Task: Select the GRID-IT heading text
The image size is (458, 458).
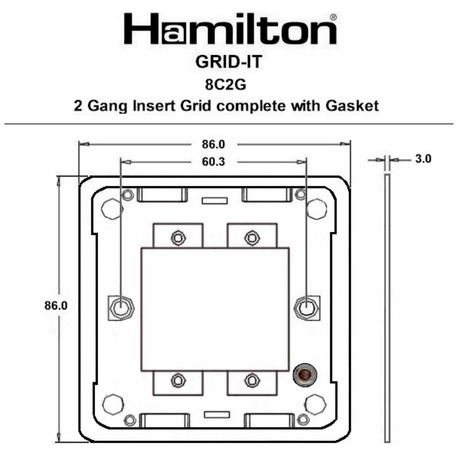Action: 230,62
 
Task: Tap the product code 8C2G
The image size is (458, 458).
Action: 230,84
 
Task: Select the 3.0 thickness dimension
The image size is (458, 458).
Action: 423,159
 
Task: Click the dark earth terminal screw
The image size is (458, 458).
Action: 305,374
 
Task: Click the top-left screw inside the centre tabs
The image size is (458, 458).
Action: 177,238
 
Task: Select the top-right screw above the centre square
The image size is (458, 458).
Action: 252,238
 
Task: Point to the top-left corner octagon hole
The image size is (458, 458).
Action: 112,208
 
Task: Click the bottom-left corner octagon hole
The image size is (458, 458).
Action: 112,404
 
